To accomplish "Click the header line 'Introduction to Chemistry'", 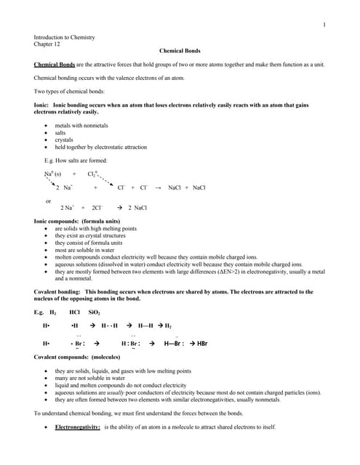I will [x=65, y=37].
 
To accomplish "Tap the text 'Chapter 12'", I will [x=47, y=44].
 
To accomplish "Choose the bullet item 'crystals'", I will [x=64, y=139].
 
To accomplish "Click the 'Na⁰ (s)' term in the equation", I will [x=52, y=174].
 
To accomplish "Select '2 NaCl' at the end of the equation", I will [x=137, y=208].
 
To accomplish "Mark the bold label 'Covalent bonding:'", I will [x=60, y=291].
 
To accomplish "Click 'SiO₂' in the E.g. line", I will [x=95, y=312].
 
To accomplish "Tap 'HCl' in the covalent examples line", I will [x=74, y=312].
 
